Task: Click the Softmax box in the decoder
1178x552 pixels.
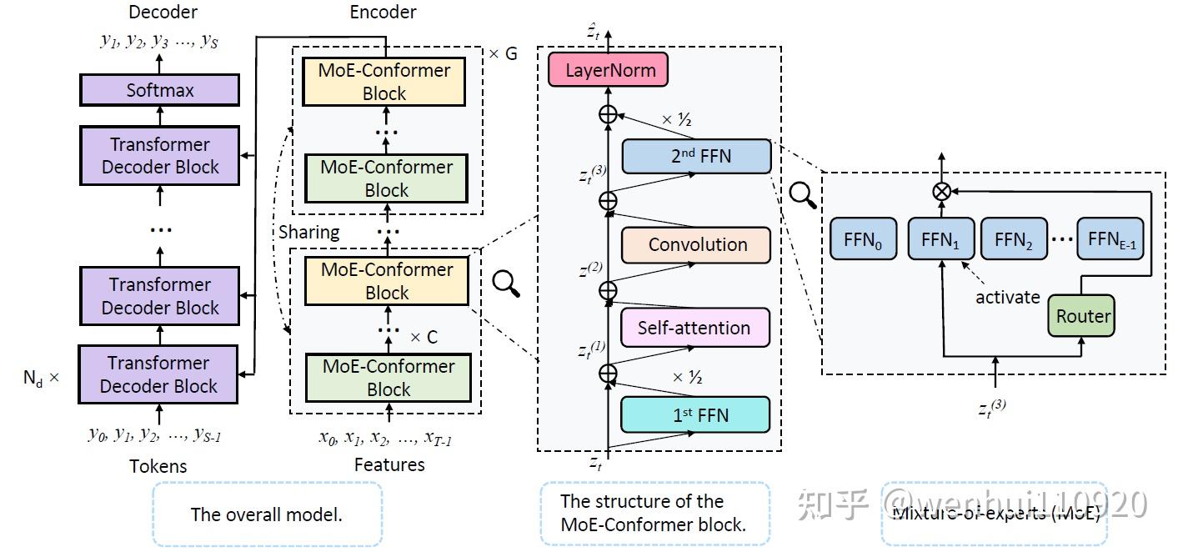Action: [x=159, y=90]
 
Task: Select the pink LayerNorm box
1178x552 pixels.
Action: [x=608, y=70]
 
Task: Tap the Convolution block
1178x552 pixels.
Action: [x=697, y=245]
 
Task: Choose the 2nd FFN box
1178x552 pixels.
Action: [x=697, y=156]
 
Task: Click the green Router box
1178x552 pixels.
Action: [x=1083, y=316]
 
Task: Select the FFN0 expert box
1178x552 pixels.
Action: [x=862, y=241]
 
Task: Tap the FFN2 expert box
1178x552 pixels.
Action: [x=1013, y=241]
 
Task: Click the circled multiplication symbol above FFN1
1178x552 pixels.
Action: [x=941, y=192]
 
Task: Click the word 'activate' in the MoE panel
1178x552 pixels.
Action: [x=1008, y=297]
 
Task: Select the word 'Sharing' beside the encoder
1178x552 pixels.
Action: [x=308, y=232]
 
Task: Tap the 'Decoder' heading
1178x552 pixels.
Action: [x=163, y=12]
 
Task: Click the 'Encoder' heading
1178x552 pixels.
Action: [x=383, y=12]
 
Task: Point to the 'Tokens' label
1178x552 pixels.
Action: [x=158, y=466]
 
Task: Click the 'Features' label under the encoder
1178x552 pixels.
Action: [x=389, y=464]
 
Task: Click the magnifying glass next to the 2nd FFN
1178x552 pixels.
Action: [x=803, y=195]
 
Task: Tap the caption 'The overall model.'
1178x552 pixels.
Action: [x=267, y=514]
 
